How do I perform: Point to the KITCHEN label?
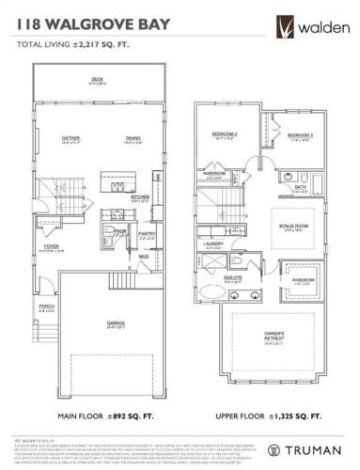(139, 196)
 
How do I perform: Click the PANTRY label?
(145, 234)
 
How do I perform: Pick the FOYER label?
(51, 248)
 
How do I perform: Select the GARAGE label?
(116, 324)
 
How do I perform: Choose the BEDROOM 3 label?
(300, 135)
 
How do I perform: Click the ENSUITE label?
(234, 278)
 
